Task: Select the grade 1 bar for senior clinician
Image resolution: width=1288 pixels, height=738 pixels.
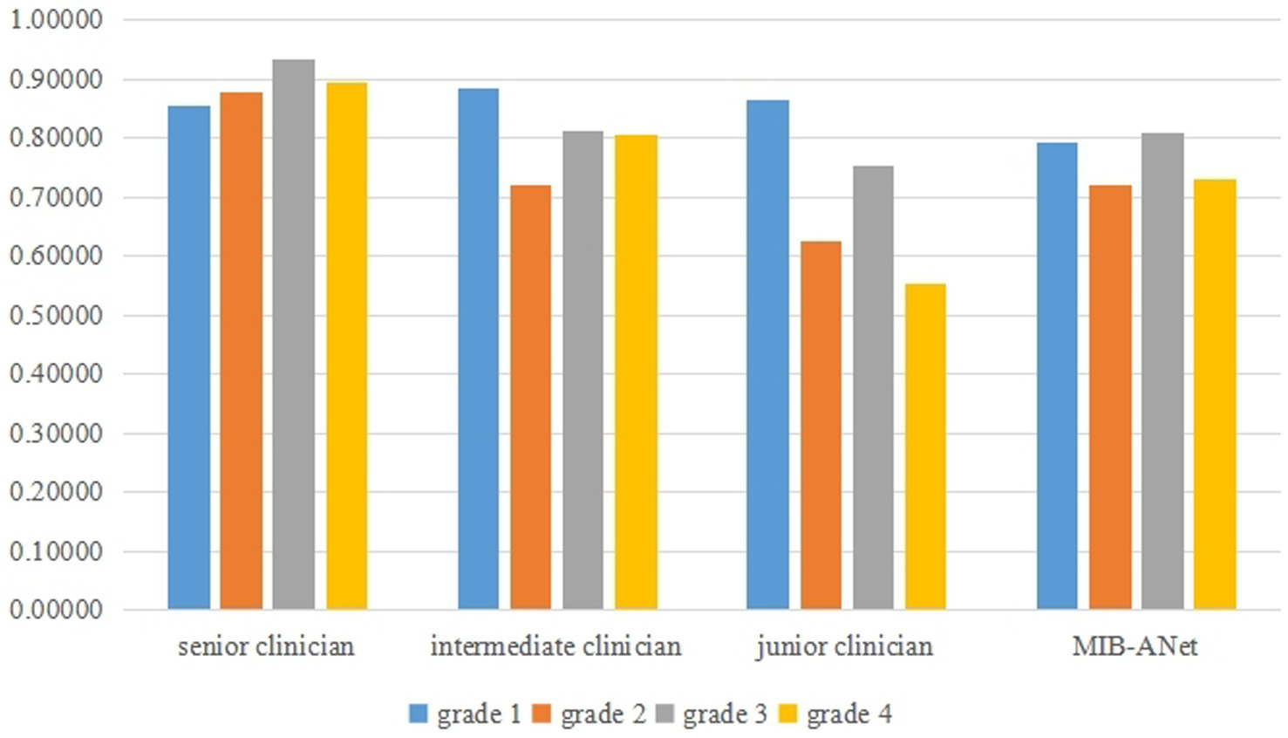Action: point(189,357)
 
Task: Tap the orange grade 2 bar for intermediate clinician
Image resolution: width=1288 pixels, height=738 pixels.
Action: point(530,397)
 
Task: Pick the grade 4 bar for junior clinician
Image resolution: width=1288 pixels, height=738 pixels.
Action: point(925,446)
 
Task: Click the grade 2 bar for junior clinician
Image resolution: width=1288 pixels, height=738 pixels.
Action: point(821,425)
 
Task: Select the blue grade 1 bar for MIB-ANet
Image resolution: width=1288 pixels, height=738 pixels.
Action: point(1057,375)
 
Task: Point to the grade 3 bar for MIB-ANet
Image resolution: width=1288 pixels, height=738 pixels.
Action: point(1162,371)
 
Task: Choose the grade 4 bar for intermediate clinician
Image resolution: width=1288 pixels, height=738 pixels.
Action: point(636,372)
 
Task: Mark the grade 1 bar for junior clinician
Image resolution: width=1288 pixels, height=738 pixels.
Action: point(767,354)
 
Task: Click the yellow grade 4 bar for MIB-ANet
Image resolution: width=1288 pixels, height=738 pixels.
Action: point(1215,393)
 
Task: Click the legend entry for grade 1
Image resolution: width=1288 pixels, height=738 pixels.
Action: point(465,714)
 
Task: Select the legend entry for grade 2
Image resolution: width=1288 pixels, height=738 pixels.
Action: point(589,714)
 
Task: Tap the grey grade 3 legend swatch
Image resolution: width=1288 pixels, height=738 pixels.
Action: point(668,714)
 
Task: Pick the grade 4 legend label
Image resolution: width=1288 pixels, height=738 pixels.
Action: point(848,714)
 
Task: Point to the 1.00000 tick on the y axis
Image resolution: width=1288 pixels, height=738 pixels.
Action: point(56,19)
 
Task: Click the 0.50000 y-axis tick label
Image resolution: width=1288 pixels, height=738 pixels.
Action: point(56,315)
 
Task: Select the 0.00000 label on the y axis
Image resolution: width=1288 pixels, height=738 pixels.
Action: point(56,610)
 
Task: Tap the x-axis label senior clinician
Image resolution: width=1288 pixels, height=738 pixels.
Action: point(266,646)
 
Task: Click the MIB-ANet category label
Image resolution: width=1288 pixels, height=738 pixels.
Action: point(1135,646)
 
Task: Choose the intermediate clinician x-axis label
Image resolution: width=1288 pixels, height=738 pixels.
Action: point(555,646)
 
